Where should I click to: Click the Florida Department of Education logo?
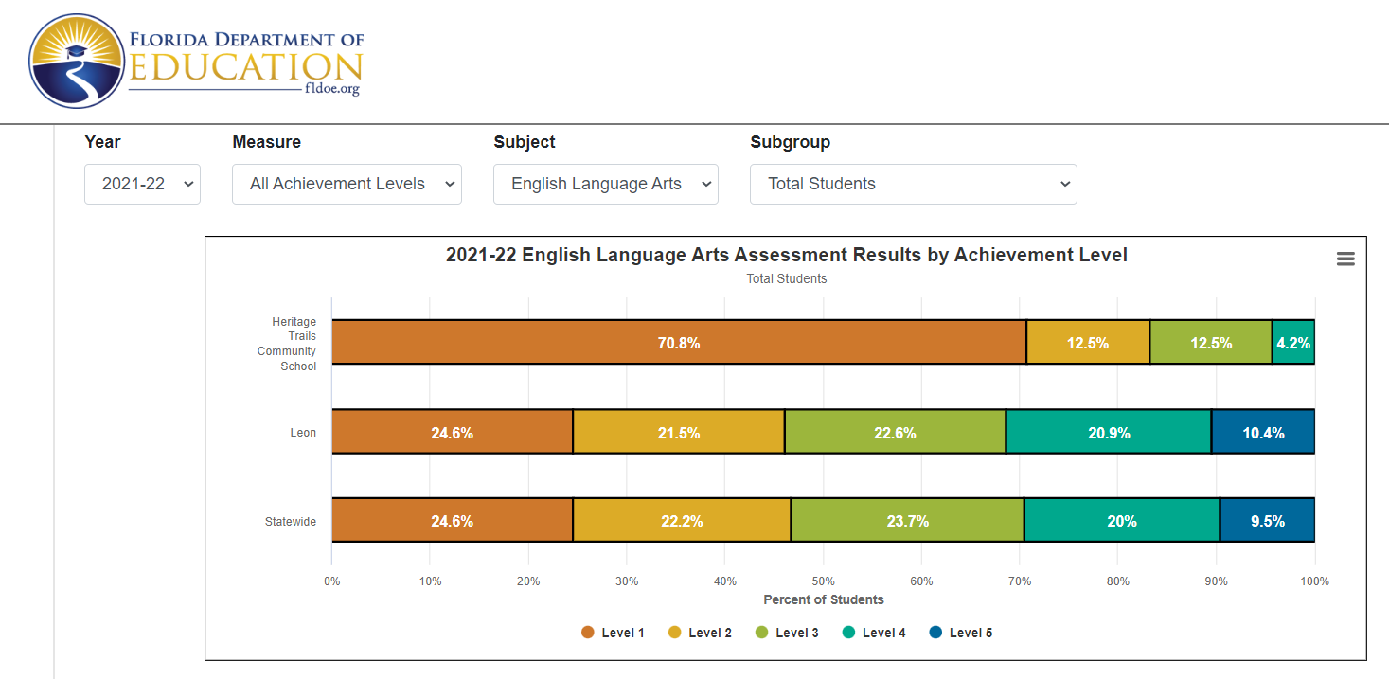coord(196,62)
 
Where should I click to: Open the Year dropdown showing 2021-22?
coord(142,184)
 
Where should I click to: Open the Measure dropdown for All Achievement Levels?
coord(347,184)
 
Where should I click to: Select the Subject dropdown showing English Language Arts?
coord(605,184)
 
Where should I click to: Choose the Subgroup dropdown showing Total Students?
coord(913,184)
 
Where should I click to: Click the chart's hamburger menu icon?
coord(1345,259)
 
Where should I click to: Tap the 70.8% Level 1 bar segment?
coord(678,343)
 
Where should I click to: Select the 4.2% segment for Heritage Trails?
coord(1293,343)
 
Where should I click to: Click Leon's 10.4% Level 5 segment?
coord(1263,433)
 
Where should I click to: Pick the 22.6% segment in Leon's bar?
coord(894,433)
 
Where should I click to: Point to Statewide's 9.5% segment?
coord(1267,521)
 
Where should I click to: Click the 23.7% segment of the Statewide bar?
coord(907,521)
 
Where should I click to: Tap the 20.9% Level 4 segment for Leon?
coord(1109,433)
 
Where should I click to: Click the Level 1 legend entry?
coord(613,633)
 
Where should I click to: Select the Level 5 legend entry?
coord(960,633)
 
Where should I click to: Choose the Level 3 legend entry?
coord(787,633)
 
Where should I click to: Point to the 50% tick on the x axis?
coord(823,581)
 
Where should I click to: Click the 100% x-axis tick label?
coord(1314,581)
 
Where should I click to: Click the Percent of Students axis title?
coord(823,599)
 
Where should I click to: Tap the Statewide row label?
coord(291,522)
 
